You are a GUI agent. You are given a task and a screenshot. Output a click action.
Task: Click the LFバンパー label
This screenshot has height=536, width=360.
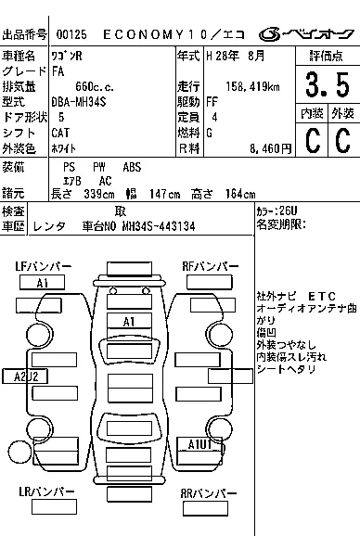point(43,266)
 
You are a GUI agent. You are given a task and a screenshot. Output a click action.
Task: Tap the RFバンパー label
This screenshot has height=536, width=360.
point(210,266)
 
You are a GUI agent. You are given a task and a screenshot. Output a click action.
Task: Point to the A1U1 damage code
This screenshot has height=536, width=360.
point(200,444)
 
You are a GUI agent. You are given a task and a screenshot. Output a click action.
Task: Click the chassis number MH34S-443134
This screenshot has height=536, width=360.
point(151,225)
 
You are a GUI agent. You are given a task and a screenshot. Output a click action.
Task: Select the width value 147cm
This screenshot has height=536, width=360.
point(159,193)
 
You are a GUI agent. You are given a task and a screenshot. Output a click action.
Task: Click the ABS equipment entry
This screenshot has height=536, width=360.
point(132,167)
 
